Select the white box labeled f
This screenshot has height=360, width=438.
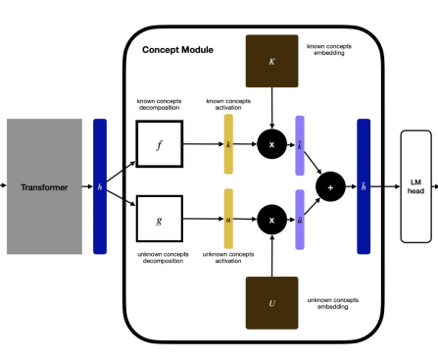click(x=159, y=143)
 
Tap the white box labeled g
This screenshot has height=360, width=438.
click(x=159, y=219)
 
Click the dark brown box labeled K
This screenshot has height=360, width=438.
click(x=272, y=61)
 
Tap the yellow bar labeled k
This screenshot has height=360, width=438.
click(x=228, y=143)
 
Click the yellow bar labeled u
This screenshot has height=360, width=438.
click(x=228, y=219)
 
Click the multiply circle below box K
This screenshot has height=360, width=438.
click(x=272, y=143)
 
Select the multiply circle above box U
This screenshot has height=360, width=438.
click(x=272, y=219)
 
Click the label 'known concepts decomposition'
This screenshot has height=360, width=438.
click(x=159, y=104)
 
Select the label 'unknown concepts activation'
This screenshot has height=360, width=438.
click(x=228, y=259)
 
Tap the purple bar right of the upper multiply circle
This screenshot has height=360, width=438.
click(x=300, y=143)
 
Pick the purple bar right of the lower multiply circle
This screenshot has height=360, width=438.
click(x=300, y=219)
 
